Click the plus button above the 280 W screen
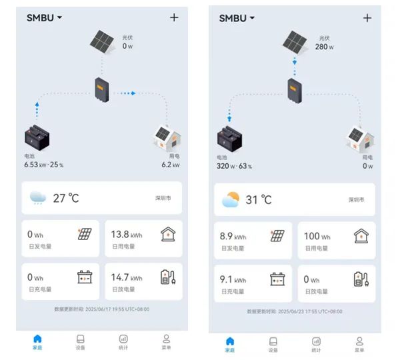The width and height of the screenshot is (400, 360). pos(367,18)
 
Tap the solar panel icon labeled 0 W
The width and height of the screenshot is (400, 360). pos(104,43)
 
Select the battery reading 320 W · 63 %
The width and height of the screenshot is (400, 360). pos(235,166)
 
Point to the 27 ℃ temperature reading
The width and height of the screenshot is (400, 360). pos(65,198)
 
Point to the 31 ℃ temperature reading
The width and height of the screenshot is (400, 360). pos(258,199)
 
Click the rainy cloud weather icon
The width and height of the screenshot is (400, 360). pos(38,198)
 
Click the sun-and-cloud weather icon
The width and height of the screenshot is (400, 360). pos(231,199)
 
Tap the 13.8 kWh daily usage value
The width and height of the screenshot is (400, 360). pos(127,235)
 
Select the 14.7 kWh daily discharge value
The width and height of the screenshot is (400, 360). pos(127,277)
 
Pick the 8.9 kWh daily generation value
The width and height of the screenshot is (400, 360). pos(233,236)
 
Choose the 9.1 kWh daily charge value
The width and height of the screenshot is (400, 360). pos(233,279)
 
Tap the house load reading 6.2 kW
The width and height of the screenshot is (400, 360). pos(171,165)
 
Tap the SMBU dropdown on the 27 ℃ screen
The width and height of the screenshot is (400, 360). pos(44,18)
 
